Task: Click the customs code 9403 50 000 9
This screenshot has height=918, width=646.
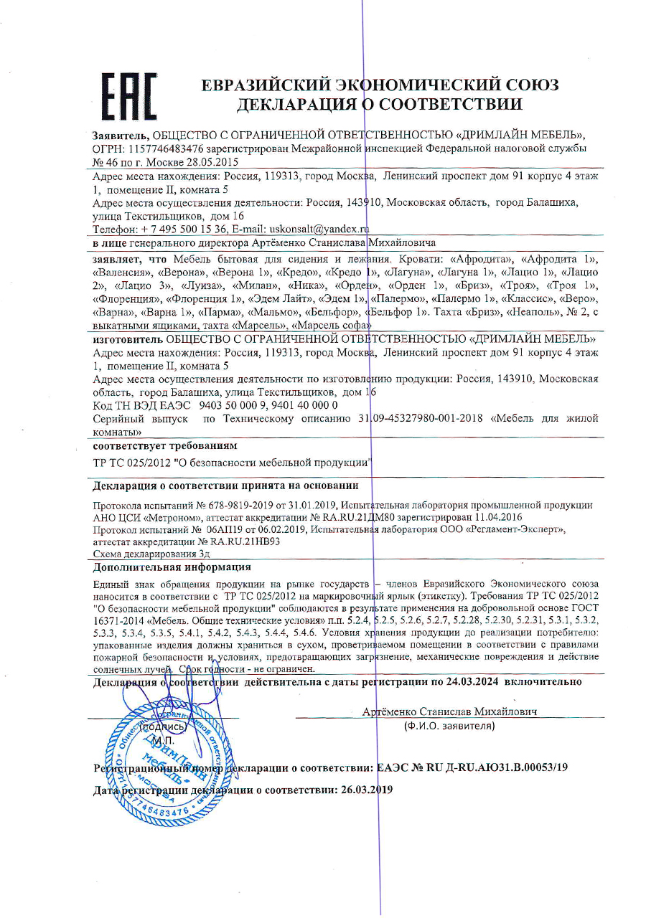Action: click(233, 405)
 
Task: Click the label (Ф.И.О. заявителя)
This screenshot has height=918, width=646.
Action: click(450, 726)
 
